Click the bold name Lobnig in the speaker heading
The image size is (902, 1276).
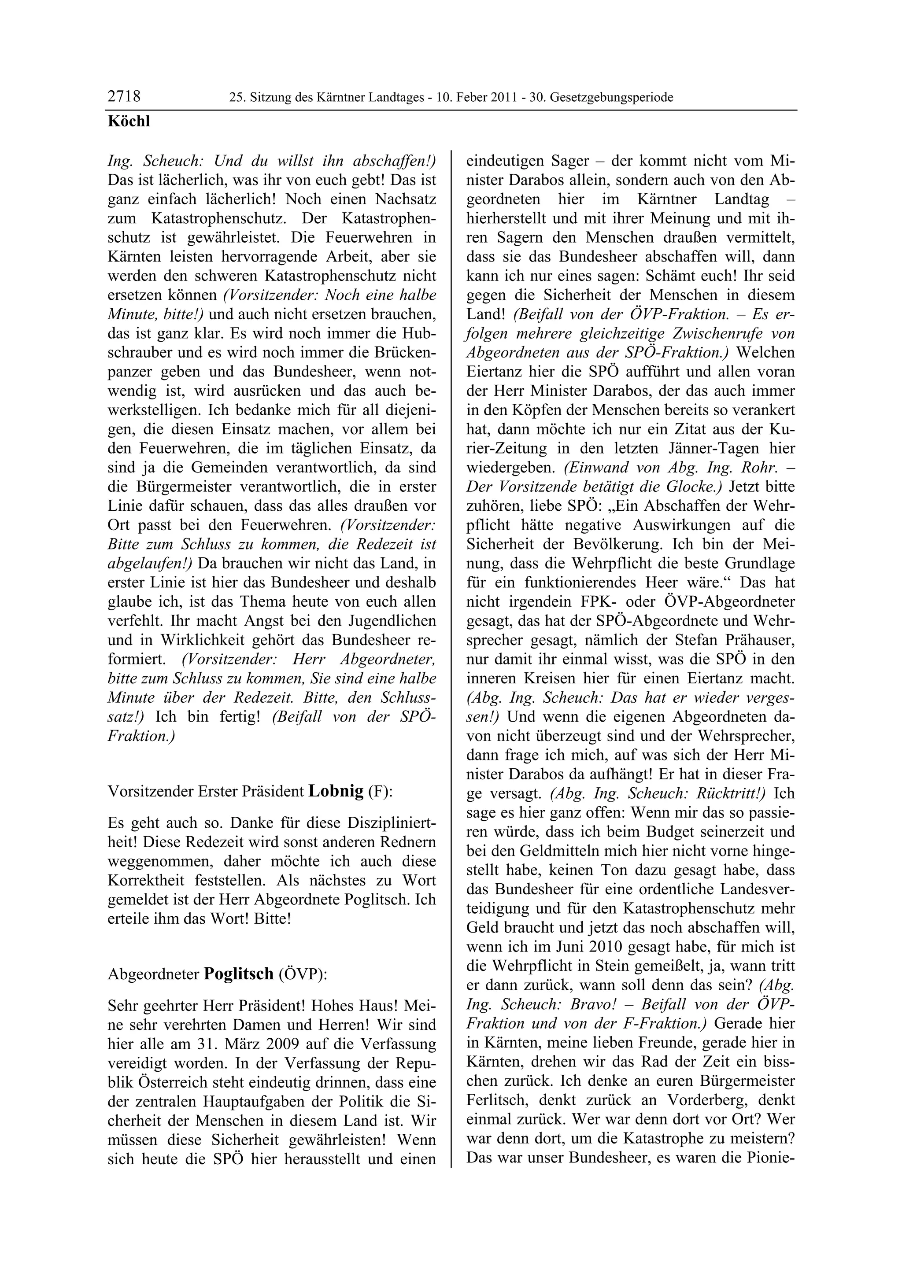click(336, 791)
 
